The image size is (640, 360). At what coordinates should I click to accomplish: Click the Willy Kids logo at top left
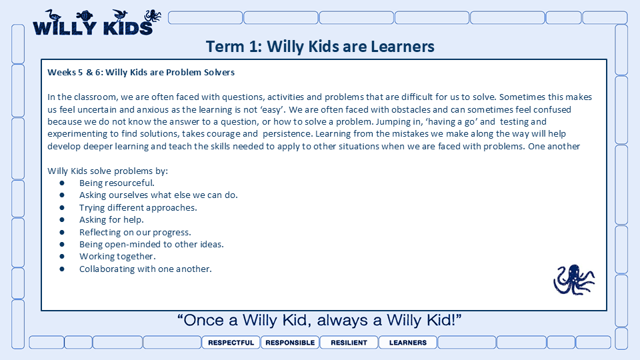97,23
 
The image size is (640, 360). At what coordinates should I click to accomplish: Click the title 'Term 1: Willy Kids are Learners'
320,47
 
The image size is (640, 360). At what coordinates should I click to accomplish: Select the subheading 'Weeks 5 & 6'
75,72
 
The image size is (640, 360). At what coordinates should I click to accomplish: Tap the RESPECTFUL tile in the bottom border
231,343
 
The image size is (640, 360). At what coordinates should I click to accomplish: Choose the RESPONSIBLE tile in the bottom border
290,343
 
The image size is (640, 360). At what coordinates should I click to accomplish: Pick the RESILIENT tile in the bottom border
349,343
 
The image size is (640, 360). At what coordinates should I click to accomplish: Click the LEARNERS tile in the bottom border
408,343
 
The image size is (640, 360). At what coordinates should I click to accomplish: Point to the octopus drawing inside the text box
574,279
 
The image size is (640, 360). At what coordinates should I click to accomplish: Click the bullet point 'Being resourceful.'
117,183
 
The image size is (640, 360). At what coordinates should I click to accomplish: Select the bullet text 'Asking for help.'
111,219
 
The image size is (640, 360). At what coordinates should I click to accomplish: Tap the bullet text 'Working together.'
117,256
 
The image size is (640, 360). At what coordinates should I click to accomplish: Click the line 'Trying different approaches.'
138,207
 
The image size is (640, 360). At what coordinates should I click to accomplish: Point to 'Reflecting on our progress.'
135,232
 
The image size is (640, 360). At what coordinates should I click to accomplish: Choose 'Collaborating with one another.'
145,269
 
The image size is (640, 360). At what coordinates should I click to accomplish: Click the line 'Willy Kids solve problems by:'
108,171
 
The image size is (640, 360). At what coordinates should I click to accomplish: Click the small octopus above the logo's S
153,15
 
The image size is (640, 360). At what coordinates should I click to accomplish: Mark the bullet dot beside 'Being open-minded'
62,244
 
